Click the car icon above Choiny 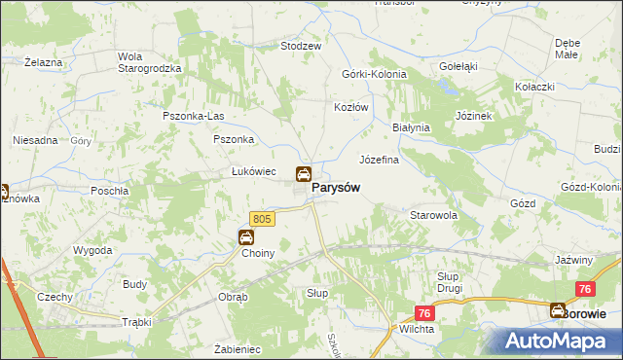(x=247, y=236)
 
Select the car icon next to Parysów (x=304, y=174)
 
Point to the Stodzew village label (x=301, y=46)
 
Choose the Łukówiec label (x=255, y=172)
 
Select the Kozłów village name (x=351, y=107)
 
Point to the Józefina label (x=380, y=160)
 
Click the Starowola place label (x=434, y=214)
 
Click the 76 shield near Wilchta (x=424, y=312)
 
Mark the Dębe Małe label (x=568, y=50)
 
